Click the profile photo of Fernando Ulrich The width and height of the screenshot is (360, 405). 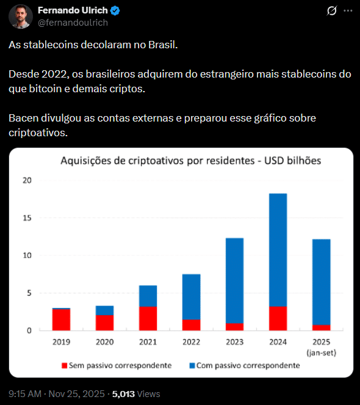click(x=21, y=16)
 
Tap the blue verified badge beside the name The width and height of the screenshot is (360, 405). click(x=115, y=10)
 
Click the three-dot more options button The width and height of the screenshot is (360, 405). click(x=347, y=11)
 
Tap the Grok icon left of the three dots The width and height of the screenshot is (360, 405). click(x=332, y=11)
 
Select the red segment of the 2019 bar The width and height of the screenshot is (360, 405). click(x=60, y=319)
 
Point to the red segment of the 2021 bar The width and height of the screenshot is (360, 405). click(x=148, y=318)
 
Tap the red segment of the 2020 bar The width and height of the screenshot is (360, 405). click(x=104, y=323)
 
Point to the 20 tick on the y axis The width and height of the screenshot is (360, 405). click(x=26, y=180)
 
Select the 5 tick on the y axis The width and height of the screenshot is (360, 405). click(x=28, y=293)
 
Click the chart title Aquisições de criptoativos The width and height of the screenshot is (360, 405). click(x=190, y=161)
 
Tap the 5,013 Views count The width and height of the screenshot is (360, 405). click(x=135, y=395)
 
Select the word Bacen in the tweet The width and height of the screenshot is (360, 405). click(x=23, y=117)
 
